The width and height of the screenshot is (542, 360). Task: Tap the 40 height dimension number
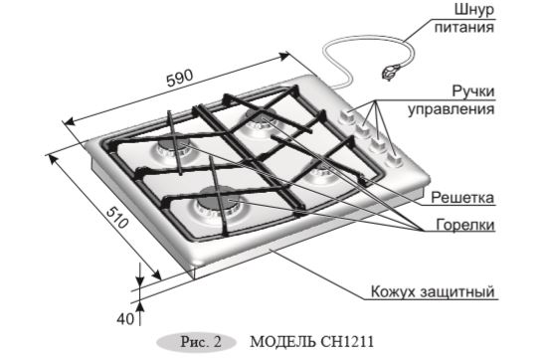coord(123,318)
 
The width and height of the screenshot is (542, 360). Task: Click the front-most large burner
coord(214,202)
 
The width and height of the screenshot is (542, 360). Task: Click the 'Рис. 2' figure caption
coord(191,341)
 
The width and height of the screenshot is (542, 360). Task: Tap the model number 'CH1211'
coord(348,341)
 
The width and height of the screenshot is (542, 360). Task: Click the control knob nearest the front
coord(395,156)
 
